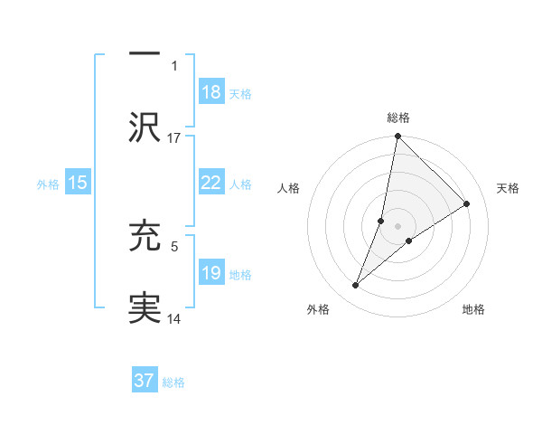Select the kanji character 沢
[145, 127]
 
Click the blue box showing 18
[210, 91]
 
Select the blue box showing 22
[210, 182]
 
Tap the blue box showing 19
[210, 273]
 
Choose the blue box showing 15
[78, 183]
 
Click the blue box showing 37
[145, 381]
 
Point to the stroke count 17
[174, 137]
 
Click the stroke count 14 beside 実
[174, 318]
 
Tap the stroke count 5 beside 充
[174, 243]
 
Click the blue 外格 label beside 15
[48, 184]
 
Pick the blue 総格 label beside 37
[173, 382]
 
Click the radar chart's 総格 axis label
[398, 118]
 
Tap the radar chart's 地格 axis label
[473, 309]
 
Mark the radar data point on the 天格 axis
[467, 203]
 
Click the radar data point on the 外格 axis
[356, 286]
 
